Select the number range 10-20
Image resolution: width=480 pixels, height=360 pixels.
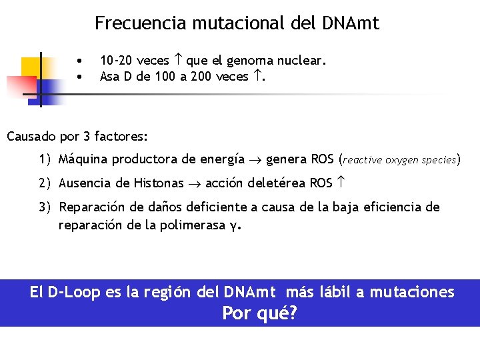(117, 61)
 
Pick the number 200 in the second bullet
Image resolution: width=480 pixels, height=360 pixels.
(201, 77)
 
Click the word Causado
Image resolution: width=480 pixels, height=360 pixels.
(31, 137)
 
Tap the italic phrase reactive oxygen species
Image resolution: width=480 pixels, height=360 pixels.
(399, 161)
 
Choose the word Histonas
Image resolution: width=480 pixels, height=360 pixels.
(159, 183)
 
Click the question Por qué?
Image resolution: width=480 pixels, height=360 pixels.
(259, 313)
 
